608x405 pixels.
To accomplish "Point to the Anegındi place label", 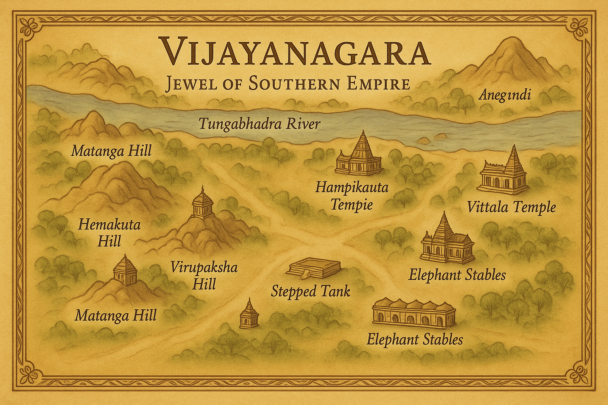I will pos(504,95).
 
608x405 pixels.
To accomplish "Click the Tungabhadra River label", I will pos(259,124).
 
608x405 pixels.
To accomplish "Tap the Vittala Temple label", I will pos(511,207).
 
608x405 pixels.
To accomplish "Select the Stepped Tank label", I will pos(310,291).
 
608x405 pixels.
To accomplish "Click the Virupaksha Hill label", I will pos(204,275).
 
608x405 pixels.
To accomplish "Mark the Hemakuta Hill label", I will pos(109,233).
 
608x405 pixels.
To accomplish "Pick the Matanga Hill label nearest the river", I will pos(111,151).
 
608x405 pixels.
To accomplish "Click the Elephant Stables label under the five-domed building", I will pos(414,339).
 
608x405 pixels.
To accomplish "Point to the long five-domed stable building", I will pos(414,313).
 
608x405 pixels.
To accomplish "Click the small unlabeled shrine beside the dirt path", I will pos(249,315).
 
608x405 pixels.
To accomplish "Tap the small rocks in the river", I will pos(431,139).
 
